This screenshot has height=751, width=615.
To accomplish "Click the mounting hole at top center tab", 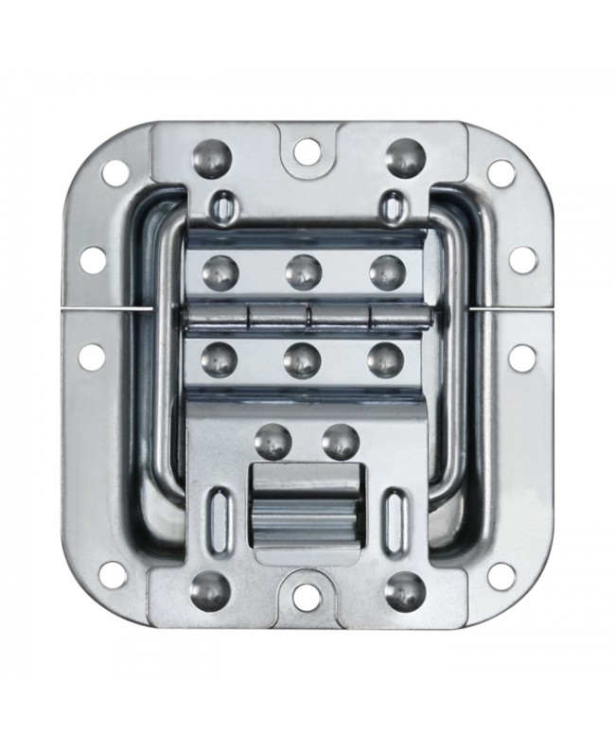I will [305, 148].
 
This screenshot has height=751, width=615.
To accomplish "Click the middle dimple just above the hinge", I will [302, 271].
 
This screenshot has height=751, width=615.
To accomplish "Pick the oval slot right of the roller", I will [395, 516].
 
